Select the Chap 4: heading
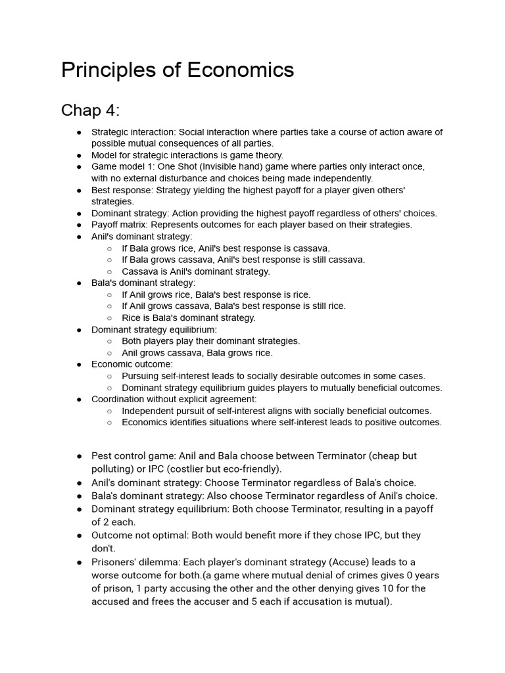click(x=91, y=110)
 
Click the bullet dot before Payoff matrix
click(x=79, y=225)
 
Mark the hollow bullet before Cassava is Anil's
click(x=109, y=271)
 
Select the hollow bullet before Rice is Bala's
click(x=109, y=318)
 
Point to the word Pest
click(x=102, y=455)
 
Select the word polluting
click(x=112, y=469)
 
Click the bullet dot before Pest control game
click(x=79, y=455)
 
